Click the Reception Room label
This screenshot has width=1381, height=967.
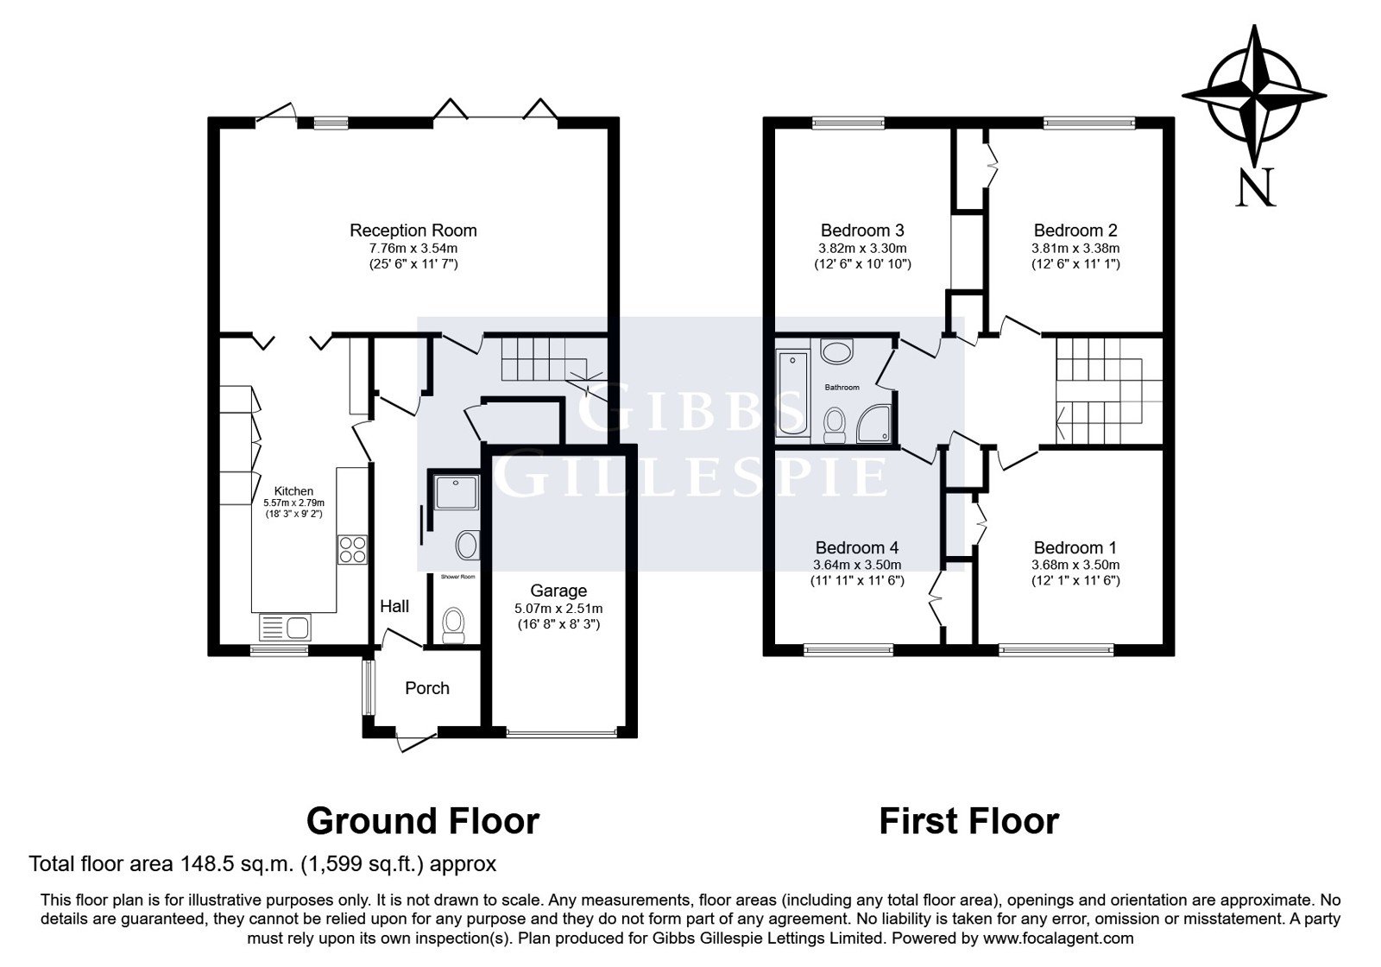pos(413,231)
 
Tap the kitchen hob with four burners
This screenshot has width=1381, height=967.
pos(352,549)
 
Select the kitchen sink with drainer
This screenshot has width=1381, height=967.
pos(285,628)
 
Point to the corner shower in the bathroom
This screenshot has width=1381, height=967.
pos(873,424)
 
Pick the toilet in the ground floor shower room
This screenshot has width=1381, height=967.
pos(454,625)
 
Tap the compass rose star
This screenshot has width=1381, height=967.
pos(1255,96)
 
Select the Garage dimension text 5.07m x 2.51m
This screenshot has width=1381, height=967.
pos(558,609)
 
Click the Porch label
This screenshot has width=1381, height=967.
pos(427,688)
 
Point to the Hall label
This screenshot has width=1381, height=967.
pos(394,606)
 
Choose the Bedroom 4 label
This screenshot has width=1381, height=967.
pos(857,547)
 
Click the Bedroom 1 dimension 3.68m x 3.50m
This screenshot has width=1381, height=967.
pos(1075,565)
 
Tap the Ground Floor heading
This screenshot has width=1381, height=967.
pos(423,821)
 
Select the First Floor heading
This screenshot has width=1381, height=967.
pos(969,821)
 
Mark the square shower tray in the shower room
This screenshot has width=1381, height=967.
pos(457,492)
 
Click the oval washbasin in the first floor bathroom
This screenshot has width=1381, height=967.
pos(836,351)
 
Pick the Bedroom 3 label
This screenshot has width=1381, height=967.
pos(862,231)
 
